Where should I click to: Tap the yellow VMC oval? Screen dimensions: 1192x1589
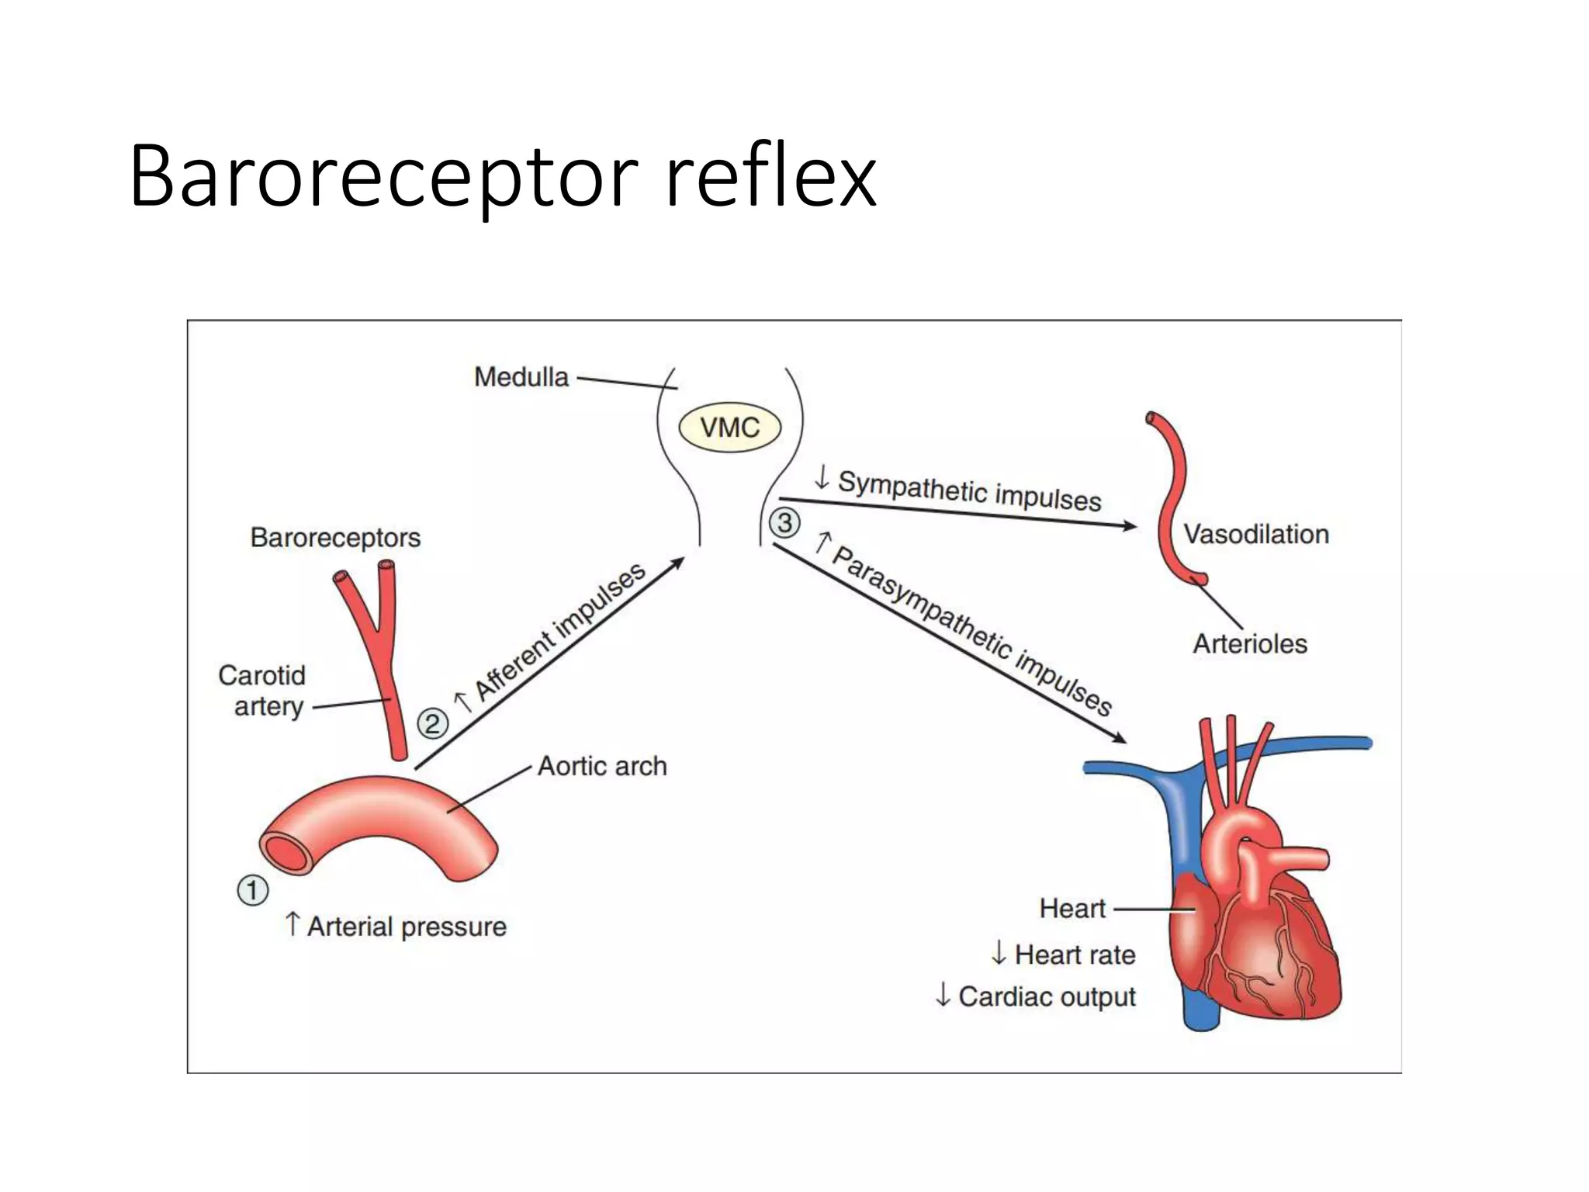click(729, 428)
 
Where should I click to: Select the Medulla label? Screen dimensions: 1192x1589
click(521, 377)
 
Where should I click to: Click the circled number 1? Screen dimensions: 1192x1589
click(252, 890)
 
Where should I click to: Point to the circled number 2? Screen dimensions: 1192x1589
click(432, 723)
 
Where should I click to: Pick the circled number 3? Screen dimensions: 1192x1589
click(784, 522)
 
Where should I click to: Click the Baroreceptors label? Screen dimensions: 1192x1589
click(335, 537)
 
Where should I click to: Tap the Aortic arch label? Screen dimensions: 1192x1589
click(602, 766)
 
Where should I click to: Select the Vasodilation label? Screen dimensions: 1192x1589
click(1255, 534)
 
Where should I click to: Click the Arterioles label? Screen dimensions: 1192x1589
click(1249, 643)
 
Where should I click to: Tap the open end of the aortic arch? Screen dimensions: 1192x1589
click(286, 853)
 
